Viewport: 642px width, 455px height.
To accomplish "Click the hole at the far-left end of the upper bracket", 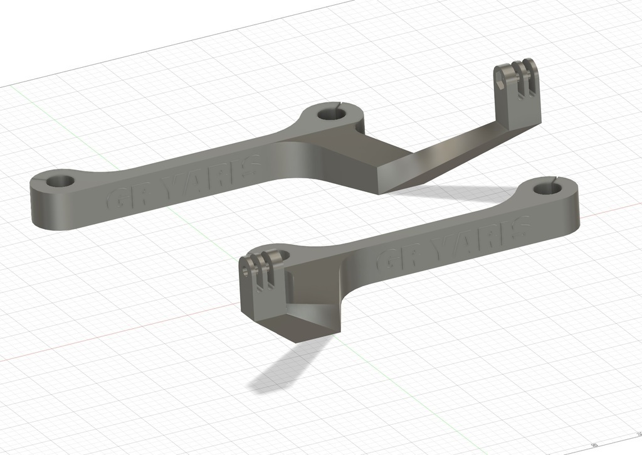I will (60, 181).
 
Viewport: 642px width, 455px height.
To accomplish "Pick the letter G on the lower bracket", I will (387, 260).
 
